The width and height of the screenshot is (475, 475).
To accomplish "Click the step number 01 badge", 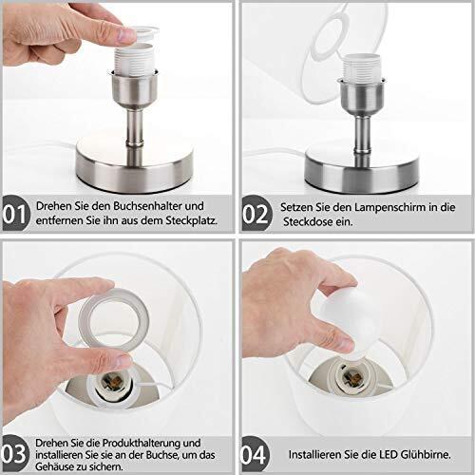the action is pos(16,213).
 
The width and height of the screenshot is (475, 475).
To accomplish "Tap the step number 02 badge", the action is pos(256,213).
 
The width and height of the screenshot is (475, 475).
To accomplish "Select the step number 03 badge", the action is pos(15,454).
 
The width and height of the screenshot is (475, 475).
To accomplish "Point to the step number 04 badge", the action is pos(256,455).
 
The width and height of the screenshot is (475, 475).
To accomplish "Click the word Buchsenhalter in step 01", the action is pos(147,206).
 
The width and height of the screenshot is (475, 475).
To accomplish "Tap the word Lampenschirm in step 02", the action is pos(389,207).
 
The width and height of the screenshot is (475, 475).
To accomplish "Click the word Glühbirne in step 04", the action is pos(426,455).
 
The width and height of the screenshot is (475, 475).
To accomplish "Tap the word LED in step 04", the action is pos(389,455).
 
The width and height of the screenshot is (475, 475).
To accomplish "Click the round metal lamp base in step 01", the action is pos(134,164).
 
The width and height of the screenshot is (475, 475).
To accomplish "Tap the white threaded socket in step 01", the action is pos(133,58).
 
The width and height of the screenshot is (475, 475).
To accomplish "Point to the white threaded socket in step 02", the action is pos(362,67).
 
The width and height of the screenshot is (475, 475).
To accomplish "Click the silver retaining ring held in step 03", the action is pos(114,320).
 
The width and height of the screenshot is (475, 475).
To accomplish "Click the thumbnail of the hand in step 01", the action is pos(126,36).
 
